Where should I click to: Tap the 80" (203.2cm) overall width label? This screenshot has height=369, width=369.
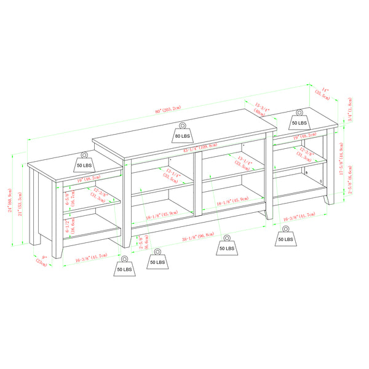click(168, 109)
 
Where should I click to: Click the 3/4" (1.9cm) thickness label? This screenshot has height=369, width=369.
click(349, 109)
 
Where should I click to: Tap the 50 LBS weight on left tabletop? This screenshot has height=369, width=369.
click(84, 162)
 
